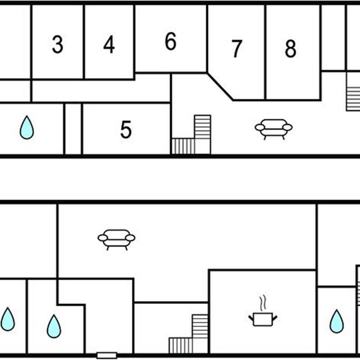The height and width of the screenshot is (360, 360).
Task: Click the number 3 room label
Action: click(x=57, y=45)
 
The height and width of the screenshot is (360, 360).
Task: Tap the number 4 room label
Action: click(x=109, y=45)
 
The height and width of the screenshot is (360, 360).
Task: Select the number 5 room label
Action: click(x=126, y=130)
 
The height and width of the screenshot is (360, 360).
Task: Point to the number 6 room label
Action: click(x=170, y=42)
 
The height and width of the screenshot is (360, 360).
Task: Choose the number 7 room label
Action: click(x=237, y=49)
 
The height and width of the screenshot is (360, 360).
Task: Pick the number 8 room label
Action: click(x=291, y=49)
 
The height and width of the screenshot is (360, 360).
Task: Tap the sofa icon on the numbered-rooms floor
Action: click(x=274, y=128)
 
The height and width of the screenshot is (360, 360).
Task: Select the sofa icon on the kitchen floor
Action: click(x=117, y=239)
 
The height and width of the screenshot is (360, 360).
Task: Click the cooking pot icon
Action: click(x=263, y=319)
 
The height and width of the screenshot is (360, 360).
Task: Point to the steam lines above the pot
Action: click(x=262, y=303)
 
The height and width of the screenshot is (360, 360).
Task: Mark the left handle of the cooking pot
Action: click(x=251, y=318)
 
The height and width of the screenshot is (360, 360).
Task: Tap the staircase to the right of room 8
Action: click(x=353, y=97)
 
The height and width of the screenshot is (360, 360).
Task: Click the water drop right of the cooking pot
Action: click(x=336, y=321)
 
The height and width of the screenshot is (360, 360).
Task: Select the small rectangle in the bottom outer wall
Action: click(x=107, y=355)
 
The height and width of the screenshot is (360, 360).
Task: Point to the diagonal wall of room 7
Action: click(x=220, y=87)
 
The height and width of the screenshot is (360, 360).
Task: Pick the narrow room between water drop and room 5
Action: click(x=73, y=129)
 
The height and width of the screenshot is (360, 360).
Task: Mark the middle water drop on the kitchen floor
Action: click(x=54, y=326)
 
